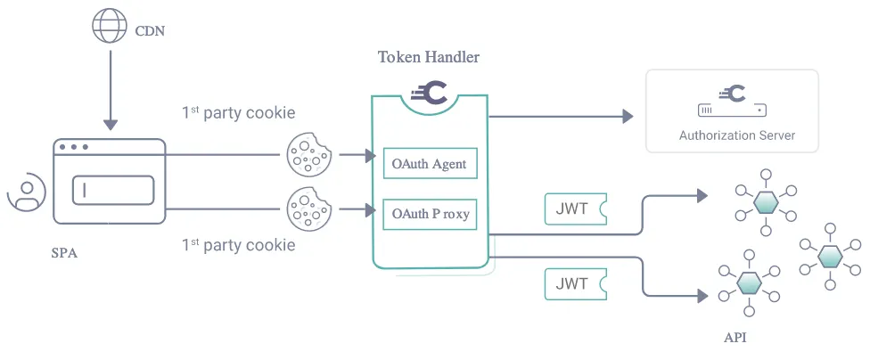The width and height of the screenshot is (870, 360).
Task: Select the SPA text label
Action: click(x=64, y=253)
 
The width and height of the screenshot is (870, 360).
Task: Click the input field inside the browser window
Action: click(x=112, y=190)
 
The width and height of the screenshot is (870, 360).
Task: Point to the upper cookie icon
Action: click(x=308, y=155)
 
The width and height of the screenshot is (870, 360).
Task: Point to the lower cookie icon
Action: click(x=308, y=210)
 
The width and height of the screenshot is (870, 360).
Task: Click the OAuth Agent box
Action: click(x=429, y=164)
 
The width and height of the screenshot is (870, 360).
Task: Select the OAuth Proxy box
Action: click(x=429, y=214)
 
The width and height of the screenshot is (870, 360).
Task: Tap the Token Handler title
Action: click(x=429, y=58)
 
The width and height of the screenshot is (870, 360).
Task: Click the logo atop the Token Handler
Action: click(x=429, y=93)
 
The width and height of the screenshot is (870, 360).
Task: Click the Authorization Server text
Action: click(x=736, y=135)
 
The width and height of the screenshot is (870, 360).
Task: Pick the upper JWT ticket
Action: click(x=575, y=209)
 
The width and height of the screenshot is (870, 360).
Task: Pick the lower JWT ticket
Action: click(x=575, y=284)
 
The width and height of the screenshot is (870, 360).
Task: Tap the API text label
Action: click(x=735, y=338)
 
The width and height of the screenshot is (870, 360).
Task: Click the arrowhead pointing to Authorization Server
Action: click(x=628, y=116)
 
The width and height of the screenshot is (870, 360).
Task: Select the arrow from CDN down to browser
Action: click(x=109, y=89)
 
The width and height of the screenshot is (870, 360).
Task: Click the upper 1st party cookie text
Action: click(x=238, y=113)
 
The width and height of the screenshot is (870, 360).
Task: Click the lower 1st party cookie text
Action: click(x=238, y=244)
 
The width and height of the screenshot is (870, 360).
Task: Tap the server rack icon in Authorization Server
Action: click(x=731, y=110)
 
